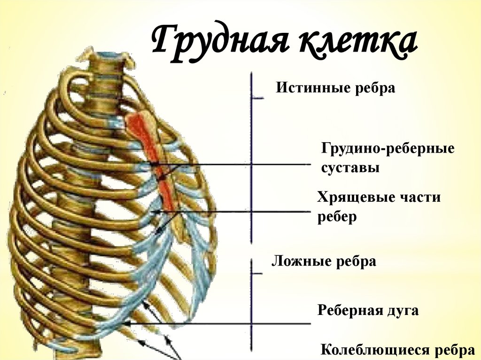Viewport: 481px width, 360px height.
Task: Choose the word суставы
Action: click(350, 168)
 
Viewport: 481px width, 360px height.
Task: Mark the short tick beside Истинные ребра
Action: click(258, 98)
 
